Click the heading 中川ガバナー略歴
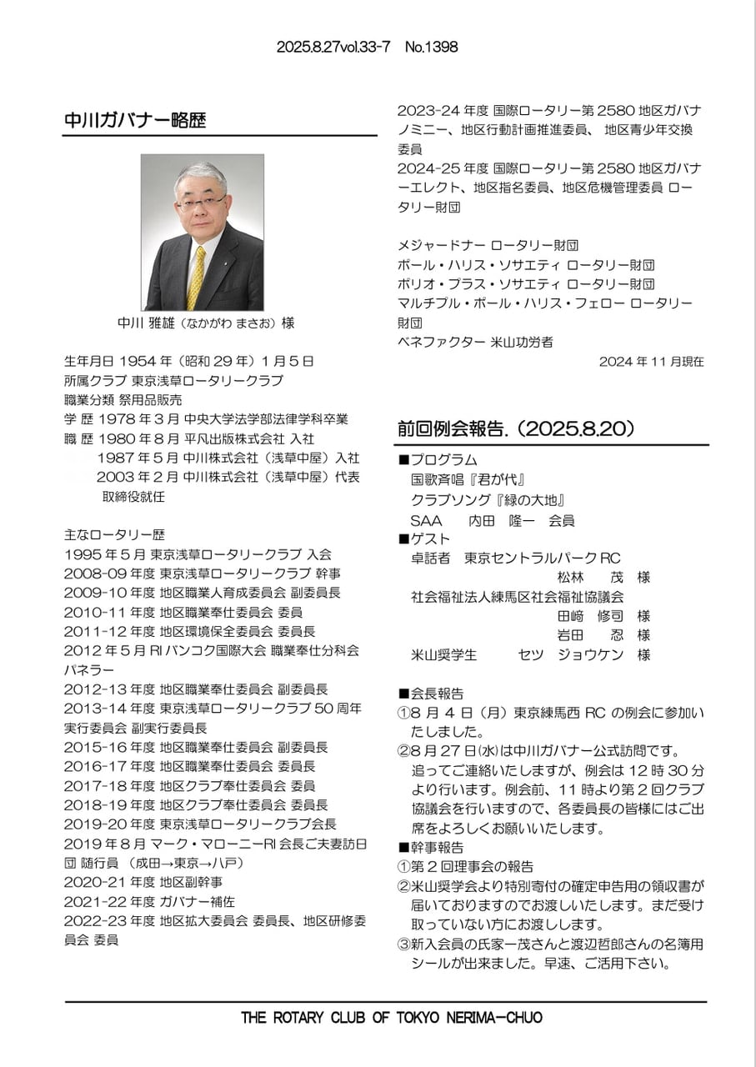point(135,120)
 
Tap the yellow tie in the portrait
point(197,276)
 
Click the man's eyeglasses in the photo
point(200,200)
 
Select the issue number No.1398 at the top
point(431,48)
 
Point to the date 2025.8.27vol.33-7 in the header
point(333,48)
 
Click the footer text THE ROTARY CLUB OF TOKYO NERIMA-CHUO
point(391,1018)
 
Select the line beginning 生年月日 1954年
point(189,362)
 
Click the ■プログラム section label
point(438,460)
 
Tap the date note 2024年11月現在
point(651,362)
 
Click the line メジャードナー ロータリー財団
point(488,245)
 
